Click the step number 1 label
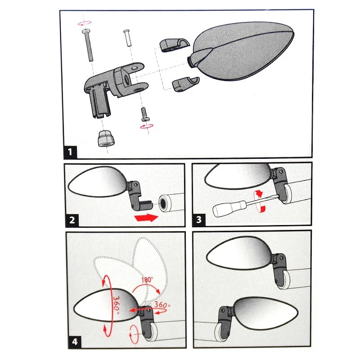click(70, 152)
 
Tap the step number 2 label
click(72, 220)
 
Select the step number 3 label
click(199, 220)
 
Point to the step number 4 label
click(75, 342)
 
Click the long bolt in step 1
click(88, 45)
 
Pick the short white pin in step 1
click(128, 38)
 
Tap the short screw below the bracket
click(145, 114)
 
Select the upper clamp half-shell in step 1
click(175, 45)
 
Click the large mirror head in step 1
click(241, 50)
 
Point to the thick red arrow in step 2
click(147, 217)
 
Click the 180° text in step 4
click(147, 279)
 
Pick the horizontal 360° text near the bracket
click(162, 305)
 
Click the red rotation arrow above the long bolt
click(84, 23)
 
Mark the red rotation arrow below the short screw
click(147, 126)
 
